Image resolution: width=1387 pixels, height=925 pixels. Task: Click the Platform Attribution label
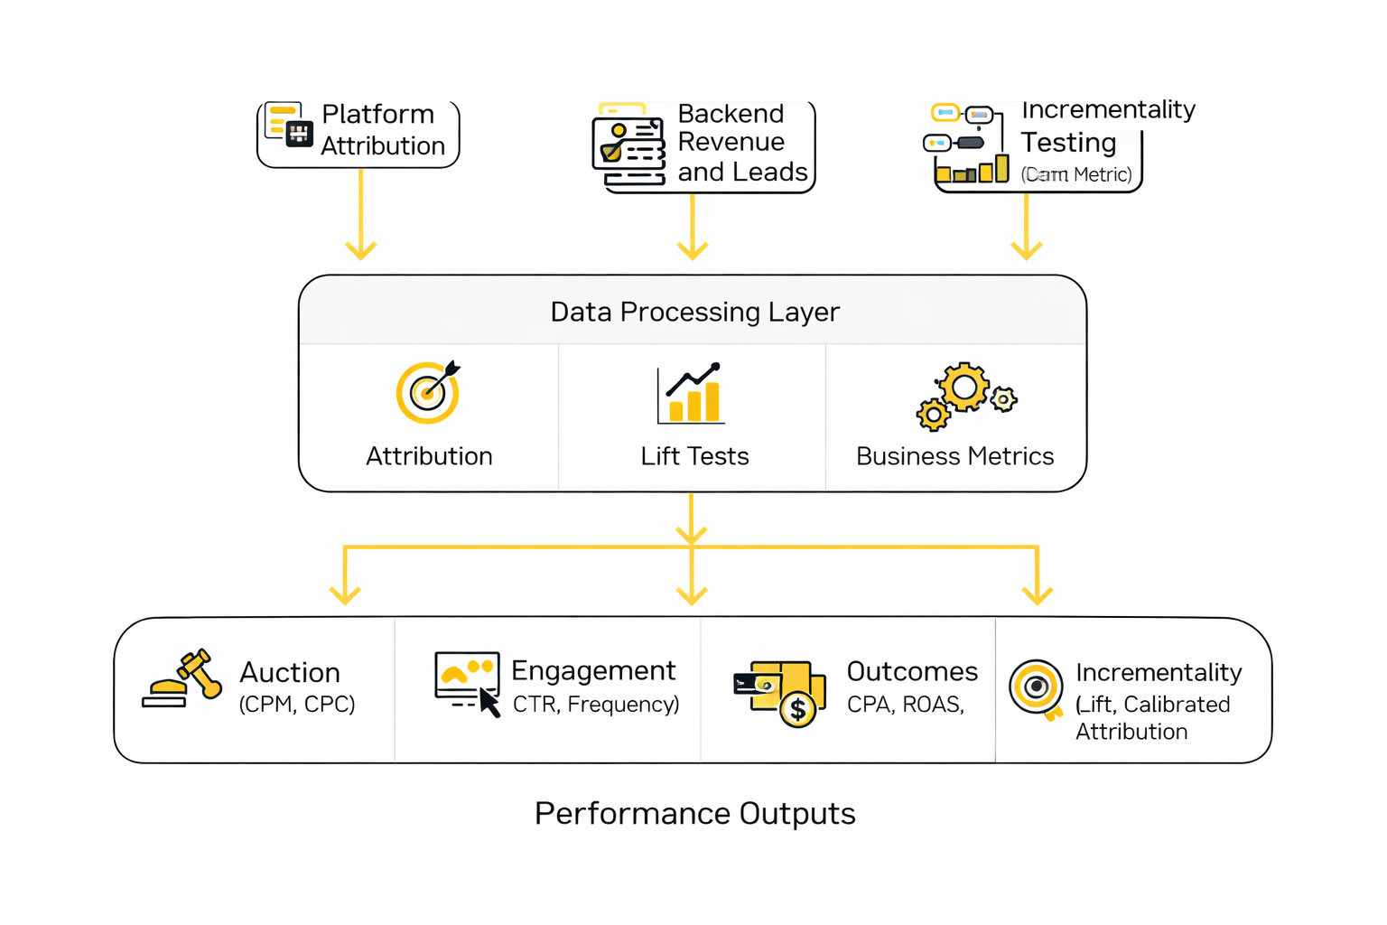coord(383,130)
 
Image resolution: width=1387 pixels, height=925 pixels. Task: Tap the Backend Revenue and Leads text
coord(741,143)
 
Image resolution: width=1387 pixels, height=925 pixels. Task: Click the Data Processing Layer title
coord(694,312)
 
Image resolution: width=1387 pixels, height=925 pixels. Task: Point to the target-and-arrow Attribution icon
coord(428,392)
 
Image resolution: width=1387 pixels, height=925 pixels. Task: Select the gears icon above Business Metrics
coord(965,396)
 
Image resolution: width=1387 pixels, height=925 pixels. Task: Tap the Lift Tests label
coord(694,456)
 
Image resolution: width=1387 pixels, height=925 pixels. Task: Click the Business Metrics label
coord(954,456)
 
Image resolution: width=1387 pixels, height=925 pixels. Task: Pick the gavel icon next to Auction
coord(183,678)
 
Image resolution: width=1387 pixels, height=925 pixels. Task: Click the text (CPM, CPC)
coord(296,705)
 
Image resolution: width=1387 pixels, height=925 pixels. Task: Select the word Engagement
coord(592,670)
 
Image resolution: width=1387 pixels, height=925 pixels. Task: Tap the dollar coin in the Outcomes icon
coord(798,710)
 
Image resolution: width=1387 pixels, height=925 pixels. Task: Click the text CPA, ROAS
coord(906,705)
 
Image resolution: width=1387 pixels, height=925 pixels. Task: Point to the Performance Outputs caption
coord(694,813)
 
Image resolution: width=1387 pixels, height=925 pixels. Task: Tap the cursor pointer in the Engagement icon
coord(489,702)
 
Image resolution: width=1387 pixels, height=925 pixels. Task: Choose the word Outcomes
coord(912,671)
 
